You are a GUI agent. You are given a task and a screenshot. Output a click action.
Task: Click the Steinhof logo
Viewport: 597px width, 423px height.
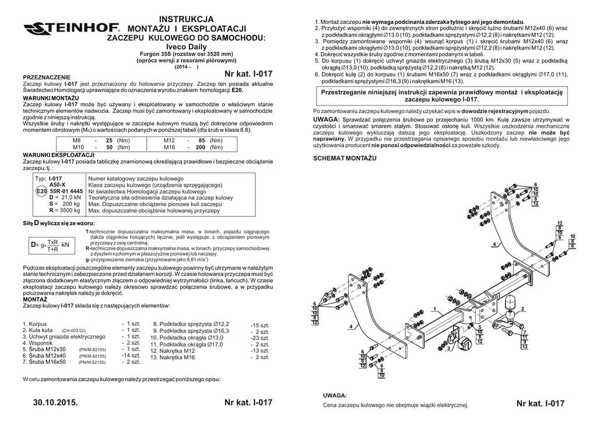71,28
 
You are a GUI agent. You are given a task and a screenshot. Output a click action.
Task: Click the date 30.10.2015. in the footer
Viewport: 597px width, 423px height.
55,403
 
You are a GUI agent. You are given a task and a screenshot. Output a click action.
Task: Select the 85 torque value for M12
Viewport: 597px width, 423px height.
202,141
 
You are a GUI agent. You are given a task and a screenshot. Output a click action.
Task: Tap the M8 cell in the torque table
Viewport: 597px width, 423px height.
76,141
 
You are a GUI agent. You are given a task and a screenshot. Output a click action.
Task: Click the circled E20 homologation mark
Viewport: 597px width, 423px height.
41,191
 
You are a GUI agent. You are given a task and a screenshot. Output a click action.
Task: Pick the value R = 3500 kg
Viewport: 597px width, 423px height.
65,210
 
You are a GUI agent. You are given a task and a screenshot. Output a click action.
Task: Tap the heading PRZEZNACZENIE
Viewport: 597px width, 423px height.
46,77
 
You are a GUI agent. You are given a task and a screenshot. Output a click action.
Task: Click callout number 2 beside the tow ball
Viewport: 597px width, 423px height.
522,309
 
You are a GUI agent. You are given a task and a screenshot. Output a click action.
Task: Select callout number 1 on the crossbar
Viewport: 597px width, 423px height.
434,307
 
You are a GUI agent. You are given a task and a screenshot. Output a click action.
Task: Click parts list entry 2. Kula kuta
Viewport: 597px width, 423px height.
38,330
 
